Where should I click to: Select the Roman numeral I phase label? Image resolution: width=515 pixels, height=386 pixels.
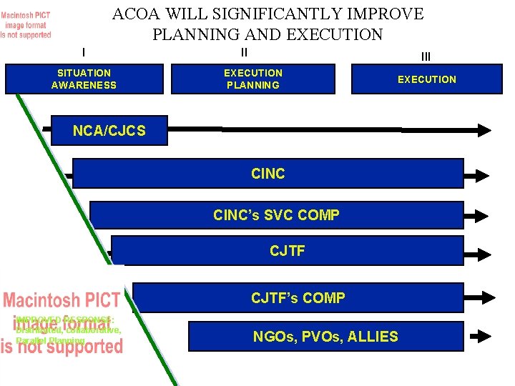84,51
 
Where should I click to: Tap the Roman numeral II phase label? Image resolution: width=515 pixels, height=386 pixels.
244,52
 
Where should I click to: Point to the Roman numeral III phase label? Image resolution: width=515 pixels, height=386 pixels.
426,56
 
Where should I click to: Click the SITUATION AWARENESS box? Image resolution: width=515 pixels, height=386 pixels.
84,79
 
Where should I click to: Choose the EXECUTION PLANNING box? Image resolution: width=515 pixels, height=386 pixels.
253,79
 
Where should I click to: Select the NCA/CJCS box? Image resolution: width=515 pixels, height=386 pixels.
109,130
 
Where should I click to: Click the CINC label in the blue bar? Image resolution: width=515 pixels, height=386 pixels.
268,174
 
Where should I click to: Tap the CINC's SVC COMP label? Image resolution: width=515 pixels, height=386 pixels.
276,214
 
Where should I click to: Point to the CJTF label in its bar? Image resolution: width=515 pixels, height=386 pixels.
288,251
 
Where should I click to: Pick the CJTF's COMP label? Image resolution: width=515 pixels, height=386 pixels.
298,298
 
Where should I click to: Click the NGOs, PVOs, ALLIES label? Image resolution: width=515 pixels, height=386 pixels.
325,337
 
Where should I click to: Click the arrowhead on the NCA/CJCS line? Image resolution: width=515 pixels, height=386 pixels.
484,130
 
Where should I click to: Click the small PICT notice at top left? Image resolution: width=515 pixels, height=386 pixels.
26,26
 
